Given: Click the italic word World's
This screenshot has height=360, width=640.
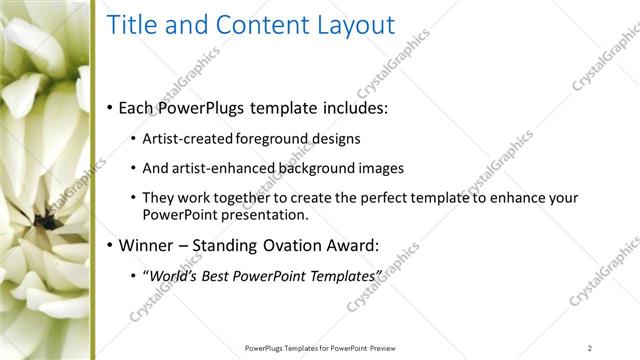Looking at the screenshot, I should [170, 275].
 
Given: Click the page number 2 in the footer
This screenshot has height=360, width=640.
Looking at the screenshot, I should [590, 347].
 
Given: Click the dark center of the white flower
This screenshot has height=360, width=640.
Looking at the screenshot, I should [46, 215].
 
